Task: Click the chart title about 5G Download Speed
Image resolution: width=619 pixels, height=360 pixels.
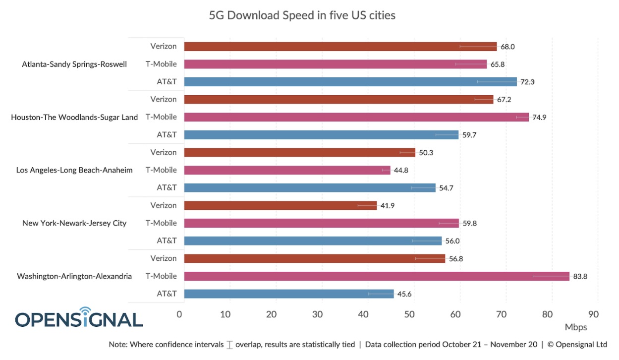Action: point(302,15)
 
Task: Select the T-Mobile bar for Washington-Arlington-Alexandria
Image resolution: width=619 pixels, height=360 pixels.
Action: point(377,276)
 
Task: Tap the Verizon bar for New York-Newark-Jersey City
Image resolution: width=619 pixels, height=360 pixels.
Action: point(280,205)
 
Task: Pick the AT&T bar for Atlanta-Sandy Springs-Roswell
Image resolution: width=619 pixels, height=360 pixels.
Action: point(350,82)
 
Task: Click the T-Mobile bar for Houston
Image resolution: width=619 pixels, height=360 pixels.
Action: point(356,117)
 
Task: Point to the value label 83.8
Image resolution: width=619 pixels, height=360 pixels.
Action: point(580,276)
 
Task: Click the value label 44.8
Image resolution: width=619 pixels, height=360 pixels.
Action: point(400,170)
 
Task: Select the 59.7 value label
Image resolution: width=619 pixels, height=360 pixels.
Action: point(469,135)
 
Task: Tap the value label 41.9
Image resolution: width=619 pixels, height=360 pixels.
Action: point(387,205)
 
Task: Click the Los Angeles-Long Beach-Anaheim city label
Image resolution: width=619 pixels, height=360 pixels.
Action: point(74,170)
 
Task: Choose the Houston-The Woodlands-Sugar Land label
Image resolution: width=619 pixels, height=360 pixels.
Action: point(74,118)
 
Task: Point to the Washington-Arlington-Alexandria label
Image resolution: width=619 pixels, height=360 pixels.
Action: point(74,276)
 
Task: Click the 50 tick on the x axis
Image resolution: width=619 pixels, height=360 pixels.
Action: point(409,314)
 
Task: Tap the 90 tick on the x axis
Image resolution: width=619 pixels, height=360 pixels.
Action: point(593,314)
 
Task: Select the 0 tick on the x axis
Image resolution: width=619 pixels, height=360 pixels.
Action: point(179,314)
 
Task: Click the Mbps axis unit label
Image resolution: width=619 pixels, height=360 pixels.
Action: point(575,327)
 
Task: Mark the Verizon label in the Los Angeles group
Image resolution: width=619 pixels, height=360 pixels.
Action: point(164,152)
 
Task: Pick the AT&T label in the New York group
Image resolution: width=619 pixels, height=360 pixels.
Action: point(167,240)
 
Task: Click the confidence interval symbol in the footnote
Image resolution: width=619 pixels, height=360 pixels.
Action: point(229,345)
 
